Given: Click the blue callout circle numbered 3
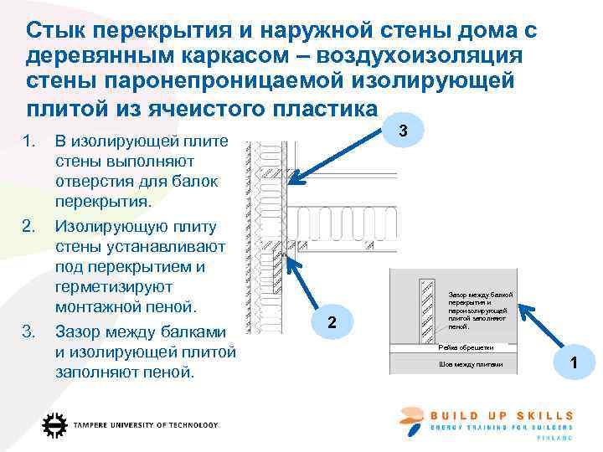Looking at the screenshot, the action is pyautogui.click(x=404, y=131).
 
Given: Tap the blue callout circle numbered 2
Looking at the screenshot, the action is pyautogui.click(x=332, y=323).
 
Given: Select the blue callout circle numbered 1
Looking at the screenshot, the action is pyautogui.click(x=574, y=362).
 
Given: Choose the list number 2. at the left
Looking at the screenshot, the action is pyautogui.click(x=30, y=226).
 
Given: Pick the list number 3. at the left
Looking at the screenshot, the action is pyautogui.click(x=30, y=331).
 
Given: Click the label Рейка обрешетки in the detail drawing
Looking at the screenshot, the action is pyautogui.click(x=466, y=347).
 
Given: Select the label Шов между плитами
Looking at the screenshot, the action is pyautogui.click(x=470, y=364).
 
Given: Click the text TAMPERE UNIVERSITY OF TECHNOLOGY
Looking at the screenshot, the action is pyautogui.click(x=146, y=425).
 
